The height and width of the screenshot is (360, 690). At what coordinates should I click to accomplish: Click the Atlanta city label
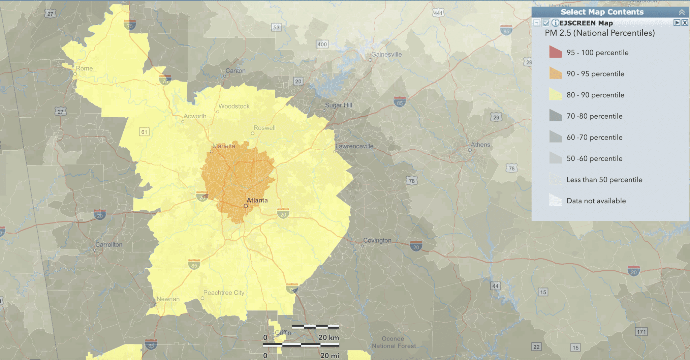[x=257, y=200]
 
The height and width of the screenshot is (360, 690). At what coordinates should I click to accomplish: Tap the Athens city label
[x=480, y=145]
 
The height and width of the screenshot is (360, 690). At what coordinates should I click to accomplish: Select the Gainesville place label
[x=386, y=55]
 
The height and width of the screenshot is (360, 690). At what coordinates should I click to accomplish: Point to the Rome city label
[x=84, y=68]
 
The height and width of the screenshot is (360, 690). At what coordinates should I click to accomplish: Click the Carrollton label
[x=109, y=244]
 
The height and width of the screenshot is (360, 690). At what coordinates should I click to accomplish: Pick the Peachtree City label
[x=224, y=293]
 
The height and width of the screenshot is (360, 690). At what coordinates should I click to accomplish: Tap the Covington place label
[x=377, y=240]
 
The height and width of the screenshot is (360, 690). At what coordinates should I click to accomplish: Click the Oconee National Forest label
[x=394, y=342]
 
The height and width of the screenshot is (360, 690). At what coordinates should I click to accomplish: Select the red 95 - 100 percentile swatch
[x=556, y=52]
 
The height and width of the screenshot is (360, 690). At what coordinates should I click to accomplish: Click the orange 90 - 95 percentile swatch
[x=556, y=73]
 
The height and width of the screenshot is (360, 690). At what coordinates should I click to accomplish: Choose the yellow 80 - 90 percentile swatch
[x=556, y=95]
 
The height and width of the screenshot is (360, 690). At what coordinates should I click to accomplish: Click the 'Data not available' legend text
[x=596, y=201]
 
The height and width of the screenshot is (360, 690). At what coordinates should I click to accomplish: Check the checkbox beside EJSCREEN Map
[x=546, y=23]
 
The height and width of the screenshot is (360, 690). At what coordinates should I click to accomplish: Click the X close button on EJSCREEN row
[x=685, y=23]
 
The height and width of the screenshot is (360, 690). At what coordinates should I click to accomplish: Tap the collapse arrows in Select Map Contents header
[x=682, y=12]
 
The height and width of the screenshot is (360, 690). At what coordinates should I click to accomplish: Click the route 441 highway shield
[x=438, y=13]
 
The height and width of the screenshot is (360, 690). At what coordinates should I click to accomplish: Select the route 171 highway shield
[x=641, y=332]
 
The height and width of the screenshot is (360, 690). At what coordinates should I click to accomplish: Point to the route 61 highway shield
[x=144, y=132]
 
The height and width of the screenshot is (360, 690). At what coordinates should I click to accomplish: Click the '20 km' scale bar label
[x=328, y=337]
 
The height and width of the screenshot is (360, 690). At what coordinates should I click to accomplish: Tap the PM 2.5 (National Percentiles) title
[x=600, y=33]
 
